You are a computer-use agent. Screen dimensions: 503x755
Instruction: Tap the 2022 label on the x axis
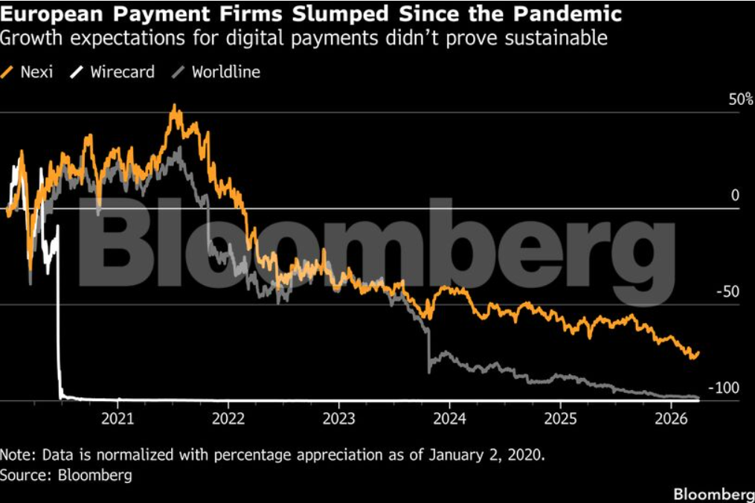pos(228,418)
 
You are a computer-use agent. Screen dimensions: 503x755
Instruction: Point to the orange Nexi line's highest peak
pos(175,106)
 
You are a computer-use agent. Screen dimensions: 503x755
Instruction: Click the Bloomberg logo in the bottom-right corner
pos(713,493)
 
